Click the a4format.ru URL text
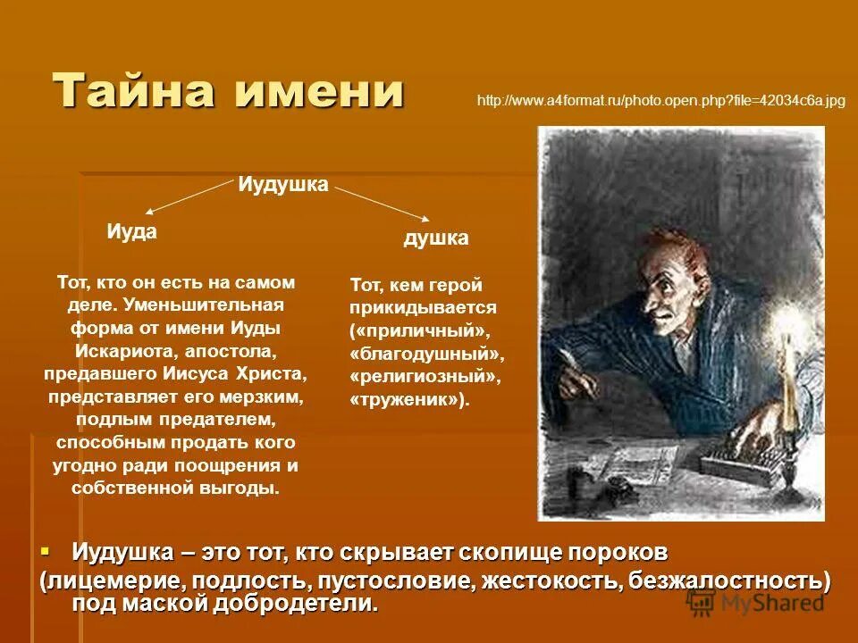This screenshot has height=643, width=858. coord(661,101)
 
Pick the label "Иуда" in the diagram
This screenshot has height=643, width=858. coord(131,231)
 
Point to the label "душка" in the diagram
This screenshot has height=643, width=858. coord(436,238)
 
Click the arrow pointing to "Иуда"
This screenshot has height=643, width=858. coord(188,196)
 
